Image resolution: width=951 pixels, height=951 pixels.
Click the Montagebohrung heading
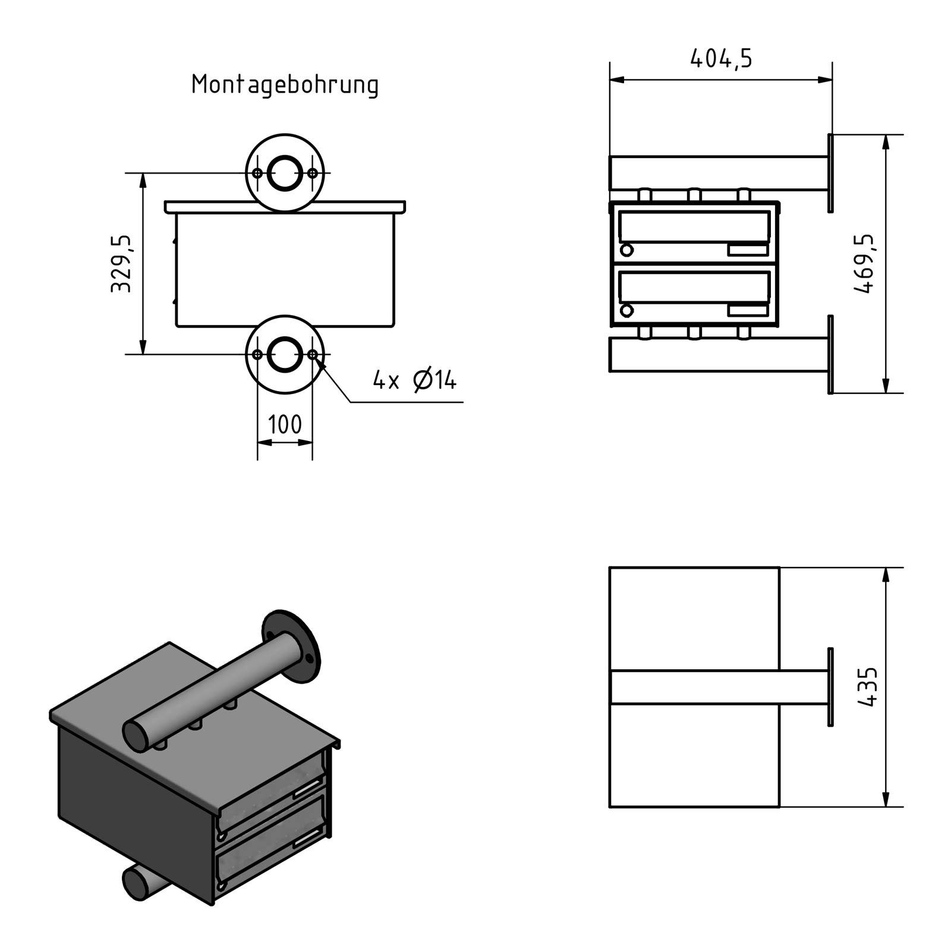285,85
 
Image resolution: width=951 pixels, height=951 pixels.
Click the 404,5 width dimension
721,59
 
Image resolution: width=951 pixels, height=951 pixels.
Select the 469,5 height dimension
865,263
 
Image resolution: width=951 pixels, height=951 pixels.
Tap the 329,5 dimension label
121,263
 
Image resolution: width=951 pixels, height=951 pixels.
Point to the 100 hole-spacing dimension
285,425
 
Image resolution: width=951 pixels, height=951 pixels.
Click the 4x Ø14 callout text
414,380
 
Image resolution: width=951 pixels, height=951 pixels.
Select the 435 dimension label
868,687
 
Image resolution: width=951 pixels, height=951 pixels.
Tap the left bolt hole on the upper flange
257,173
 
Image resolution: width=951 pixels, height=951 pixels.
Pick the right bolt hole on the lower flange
313,355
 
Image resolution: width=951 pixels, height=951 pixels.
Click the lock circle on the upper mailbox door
626,250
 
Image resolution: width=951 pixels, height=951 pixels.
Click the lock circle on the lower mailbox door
626,310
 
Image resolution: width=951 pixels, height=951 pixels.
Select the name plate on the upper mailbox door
748,250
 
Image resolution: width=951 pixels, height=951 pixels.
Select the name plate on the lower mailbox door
748,310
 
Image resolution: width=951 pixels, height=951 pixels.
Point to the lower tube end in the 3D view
136,883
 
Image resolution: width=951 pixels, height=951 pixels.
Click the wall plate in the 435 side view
830,687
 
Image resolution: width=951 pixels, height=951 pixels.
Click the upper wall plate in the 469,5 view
830,173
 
